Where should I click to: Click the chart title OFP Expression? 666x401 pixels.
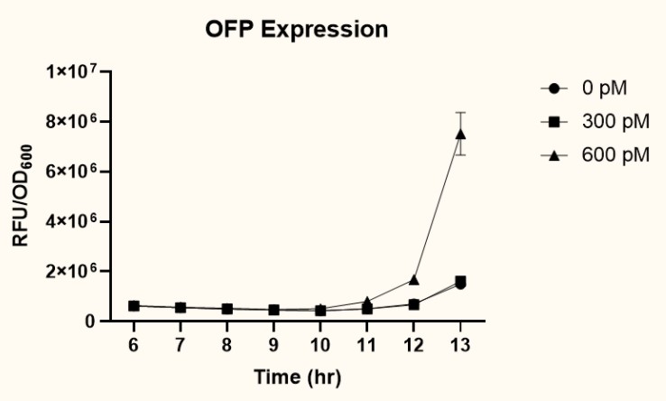tap(297, 29)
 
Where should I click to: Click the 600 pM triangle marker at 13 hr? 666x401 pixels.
tap(460, 134)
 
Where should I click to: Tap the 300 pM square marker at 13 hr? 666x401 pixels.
tap(460, 281)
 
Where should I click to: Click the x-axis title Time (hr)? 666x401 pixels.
tap(297, 376)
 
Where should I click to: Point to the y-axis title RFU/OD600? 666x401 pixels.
tap(24, 196)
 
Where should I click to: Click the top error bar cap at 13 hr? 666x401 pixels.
tap(460, 112)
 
